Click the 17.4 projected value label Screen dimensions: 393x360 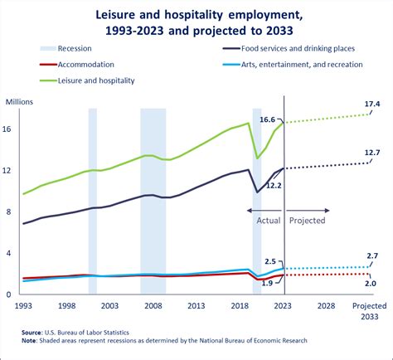coord(372,104)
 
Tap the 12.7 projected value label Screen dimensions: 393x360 coord(372,153)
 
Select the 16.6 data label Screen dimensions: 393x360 coord(267,119)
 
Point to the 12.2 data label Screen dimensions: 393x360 coord(274,186)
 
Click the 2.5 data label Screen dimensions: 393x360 coord(270,261)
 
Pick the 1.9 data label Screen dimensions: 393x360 coord(267,283)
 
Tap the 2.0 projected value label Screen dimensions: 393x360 coord(371,284)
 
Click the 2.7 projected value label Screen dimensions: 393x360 coord(372,256)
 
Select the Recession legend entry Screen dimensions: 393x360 coord(65,49)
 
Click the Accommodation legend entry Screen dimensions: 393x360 coord(77,65)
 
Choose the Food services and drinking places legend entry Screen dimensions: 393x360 coord(289,49)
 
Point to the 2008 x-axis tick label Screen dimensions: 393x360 coord(153,306)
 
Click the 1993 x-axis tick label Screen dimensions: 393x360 coord(23,306)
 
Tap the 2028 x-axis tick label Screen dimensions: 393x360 coord(326,306)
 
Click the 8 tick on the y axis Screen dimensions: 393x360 coord(8,212)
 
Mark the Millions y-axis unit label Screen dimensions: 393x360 coord(19,102)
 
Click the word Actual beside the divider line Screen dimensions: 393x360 coord(269,221)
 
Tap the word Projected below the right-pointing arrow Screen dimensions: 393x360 coord(307,221)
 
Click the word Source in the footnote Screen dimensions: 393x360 coord(32,333)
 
